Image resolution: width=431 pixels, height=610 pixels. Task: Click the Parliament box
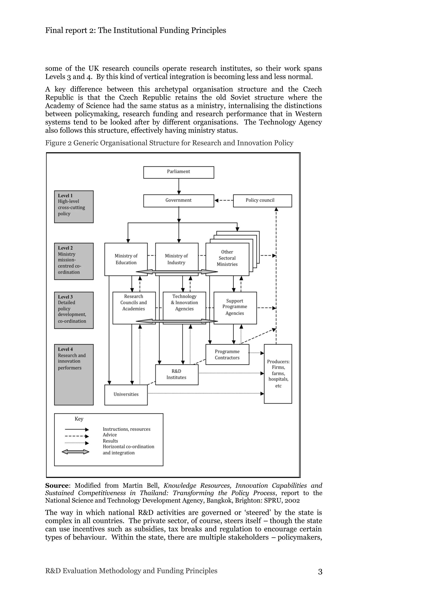pyautogui.click(x=178, y=172)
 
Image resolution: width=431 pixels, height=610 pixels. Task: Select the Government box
pyautogui.click(x=178, y=201)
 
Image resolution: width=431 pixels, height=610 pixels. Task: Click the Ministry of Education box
pyautogui.click(x=126, y=259)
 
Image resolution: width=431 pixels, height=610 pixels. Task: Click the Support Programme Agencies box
pyautogui.click(x=235, y=308)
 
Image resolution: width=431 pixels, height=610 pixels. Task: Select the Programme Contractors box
pyautogui.click(x=227, y=354)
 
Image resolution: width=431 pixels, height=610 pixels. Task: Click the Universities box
pyautogui.click(x=126, y=394)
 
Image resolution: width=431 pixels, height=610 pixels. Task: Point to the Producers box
pyautogui.click(x=278, y=374)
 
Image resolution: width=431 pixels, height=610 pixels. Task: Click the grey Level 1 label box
pyautogui.click(x=74, y=206)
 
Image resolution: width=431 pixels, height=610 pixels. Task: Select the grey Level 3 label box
pyautogui.click(x=74, y=310)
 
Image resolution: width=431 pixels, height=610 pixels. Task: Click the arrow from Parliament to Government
pyautogui.click(x=179, y=186)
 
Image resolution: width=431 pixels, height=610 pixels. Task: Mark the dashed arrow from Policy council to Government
pyautogui.click(x=223, y=200)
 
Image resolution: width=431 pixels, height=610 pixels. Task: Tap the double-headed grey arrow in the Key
pyautogui.click(x=75, y=452)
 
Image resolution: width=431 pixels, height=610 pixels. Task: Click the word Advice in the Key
pyautogui.click(x=110, y=435)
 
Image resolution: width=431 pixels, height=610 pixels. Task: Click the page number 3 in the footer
pyautogui.click(x=320, y=572)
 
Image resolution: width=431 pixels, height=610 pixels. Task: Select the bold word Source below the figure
pyautogui.click(x=57, y=486)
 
